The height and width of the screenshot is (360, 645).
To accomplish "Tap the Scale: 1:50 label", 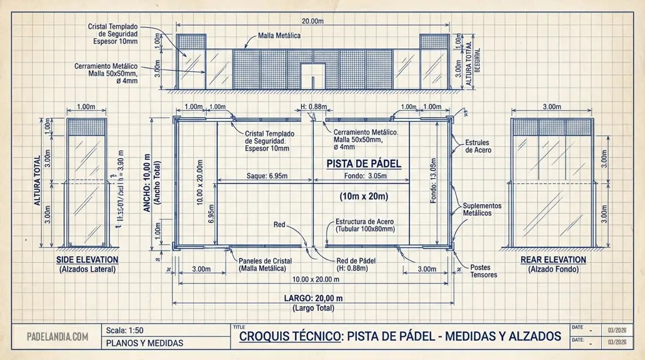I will (x=126, y=331).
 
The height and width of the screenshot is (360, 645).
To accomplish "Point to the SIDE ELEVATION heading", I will (x=87, y=259).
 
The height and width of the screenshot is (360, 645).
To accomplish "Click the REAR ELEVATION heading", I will (x=553, y=259).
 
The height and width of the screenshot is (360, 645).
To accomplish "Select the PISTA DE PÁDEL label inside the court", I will (x=364, y=164).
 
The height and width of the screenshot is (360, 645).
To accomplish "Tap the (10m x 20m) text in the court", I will (x=364, y=196).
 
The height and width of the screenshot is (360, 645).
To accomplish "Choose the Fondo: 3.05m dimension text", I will (x=365, y=176).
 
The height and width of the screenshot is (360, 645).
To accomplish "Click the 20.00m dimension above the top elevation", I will (x=312, y=21).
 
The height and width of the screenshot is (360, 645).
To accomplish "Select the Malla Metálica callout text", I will (x=279, y=36).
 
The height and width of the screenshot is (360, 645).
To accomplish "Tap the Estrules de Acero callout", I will (x=478, y=146).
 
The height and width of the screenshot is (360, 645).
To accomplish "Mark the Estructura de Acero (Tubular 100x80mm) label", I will (x=365, y=225).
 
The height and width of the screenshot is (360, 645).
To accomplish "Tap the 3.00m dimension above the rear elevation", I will (x=551, y=107).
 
